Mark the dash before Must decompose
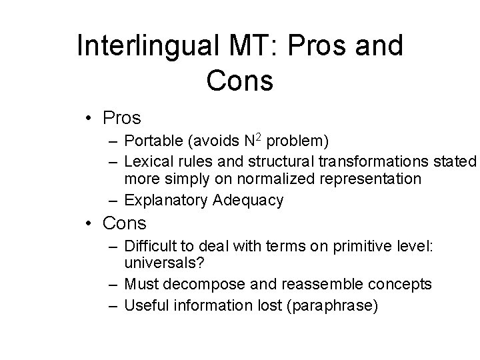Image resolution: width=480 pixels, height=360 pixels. (x=116, y=285)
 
